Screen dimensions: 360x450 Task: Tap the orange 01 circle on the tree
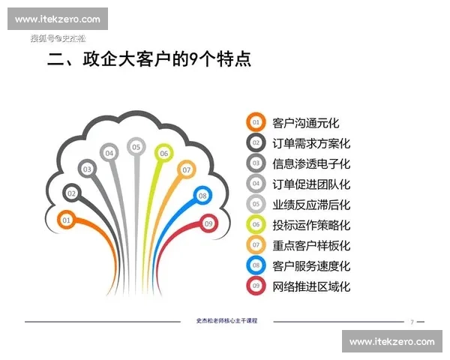pos(66,220)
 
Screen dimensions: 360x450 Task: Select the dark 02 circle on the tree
pos(72,193)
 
